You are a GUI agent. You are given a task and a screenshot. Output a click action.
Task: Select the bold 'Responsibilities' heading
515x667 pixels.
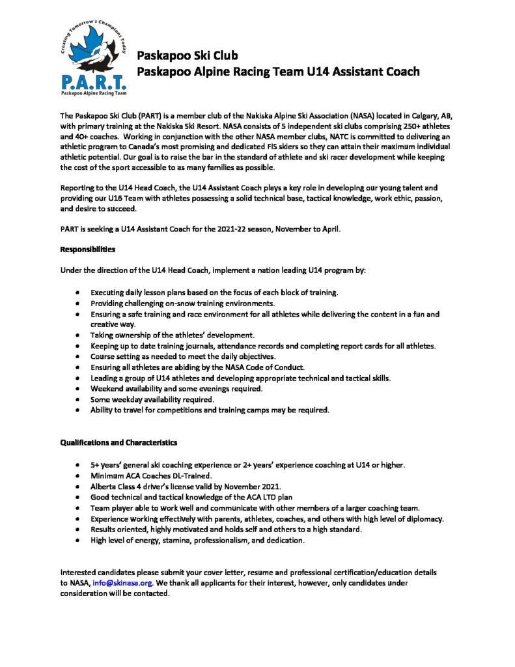pos(88,249)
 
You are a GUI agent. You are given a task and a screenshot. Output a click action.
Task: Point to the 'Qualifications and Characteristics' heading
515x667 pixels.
pos(118,442)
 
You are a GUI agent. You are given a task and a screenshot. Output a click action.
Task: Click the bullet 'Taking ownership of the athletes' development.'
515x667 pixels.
pos(173,335)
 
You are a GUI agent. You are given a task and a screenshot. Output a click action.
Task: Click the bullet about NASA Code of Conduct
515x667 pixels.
pos(198,367)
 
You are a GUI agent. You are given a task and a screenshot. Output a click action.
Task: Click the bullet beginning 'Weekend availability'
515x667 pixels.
pos(176,389)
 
